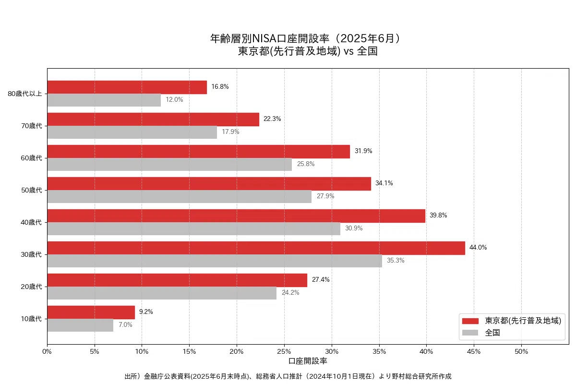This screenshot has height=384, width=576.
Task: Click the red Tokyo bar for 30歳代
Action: coord(256,248)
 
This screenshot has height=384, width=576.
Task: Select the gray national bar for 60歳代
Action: coord(169,164)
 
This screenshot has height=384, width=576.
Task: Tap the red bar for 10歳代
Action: coord(91,312)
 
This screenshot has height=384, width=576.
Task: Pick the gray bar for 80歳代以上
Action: coord(104,100)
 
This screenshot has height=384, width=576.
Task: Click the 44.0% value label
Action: coord(478,248)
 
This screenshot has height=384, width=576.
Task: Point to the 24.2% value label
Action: coord(290,293)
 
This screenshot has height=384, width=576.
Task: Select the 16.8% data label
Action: coord(220,87)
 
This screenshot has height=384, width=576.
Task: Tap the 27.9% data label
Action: coord(325,196)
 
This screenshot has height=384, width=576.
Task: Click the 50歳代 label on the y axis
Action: coord(32,190)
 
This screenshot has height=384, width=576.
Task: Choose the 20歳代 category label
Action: coord(32,287)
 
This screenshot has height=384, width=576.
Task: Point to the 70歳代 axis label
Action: coord(32,126)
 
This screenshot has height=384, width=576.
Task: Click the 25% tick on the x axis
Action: coord(284,351)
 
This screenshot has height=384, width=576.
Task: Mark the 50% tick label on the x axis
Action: coord(521,351)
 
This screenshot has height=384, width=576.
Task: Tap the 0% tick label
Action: coord(47,351)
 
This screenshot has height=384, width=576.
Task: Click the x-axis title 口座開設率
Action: coord(308,360)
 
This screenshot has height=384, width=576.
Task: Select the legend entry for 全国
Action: coord(492,333)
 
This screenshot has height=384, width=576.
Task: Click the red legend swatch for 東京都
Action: coord(470,321)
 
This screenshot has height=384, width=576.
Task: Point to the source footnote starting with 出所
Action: coord(288,376)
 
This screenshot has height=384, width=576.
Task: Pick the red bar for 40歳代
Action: coord(236,216)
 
